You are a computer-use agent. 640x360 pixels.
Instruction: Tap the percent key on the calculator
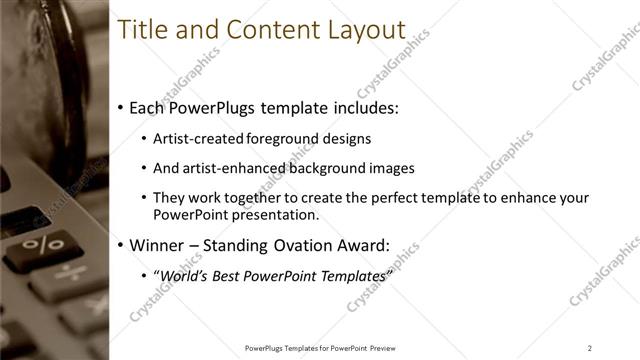pyautogui.click(x=43, y=243)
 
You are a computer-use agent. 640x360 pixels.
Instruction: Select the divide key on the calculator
pyautogui.click(x=69, y=273)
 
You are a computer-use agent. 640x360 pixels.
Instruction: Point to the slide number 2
pyautogui.click(x=590, y=347)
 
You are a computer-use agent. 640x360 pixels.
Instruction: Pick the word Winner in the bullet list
pyautogui.click(x=158, y=244)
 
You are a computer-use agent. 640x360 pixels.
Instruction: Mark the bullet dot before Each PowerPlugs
pyautogui.click(x=121, y=107)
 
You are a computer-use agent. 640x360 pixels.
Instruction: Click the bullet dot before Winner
pyautogui.click(x=121, y=245)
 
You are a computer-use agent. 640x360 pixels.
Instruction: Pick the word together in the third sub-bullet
pyautogui.click(x=263, y=199)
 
